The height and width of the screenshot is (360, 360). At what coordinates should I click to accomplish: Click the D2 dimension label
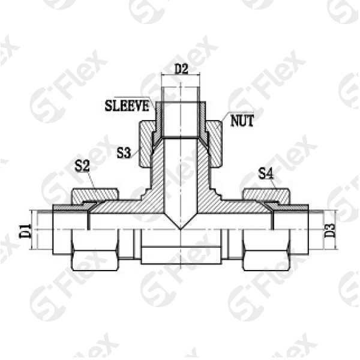point(181,69)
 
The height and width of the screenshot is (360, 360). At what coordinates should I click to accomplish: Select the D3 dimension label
point(330,231)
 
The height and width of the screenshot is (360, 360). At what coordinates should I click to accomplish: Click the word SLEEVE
point(127,106)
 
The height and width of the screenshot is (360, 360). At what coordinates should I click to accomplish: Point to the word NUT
point(242,121)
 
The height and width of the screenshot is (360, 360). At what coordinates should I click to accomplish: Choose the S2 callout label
point(82,166)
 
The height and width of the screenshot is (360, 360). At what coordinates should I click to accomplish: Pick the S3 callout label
point(124,152)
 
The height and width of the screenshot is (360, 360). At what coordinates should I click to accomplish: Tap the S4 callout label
point(266,173)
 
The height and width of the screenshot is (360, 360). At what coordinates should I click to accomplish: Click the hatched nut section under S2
point(95,196)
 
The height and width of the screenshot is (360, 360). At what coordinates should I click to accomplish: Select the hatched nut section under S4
point(266,196)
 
